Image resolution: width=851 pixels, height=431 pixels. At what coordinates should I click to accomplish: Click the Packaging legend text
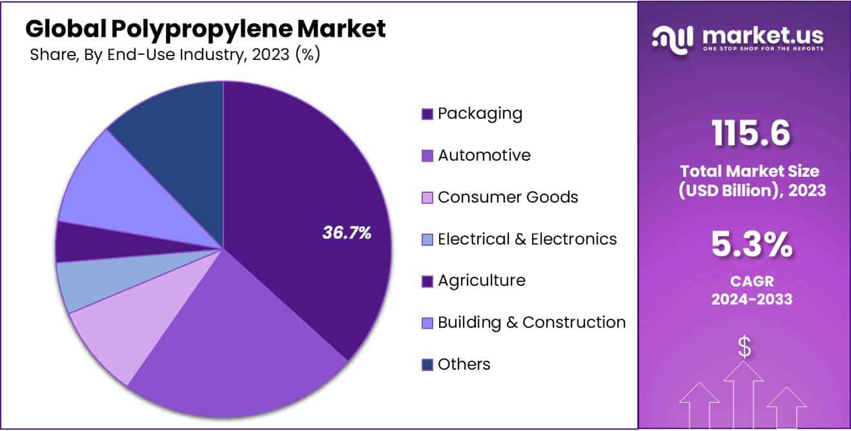pos(480,114)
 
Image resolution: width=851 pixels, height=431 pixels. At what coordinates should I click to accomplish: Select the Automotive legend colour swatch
pos(427,156)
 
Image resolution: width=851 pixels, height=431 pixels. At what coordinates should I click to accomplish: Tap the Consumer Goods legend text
pos(508,197)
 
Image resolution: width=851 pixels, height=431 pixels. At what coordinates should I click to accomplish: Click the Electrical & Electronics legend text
pos(527,239)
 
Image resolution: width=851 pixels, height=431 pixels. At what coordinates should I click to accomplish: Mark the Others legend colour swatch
pos(427,365)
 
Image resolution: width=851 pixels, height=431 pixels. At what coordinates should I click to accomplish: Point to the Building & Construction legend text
pos(531,323)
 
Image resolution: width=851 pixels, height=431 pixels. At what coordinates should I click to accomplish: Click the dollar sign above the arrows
pos(744,348)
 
